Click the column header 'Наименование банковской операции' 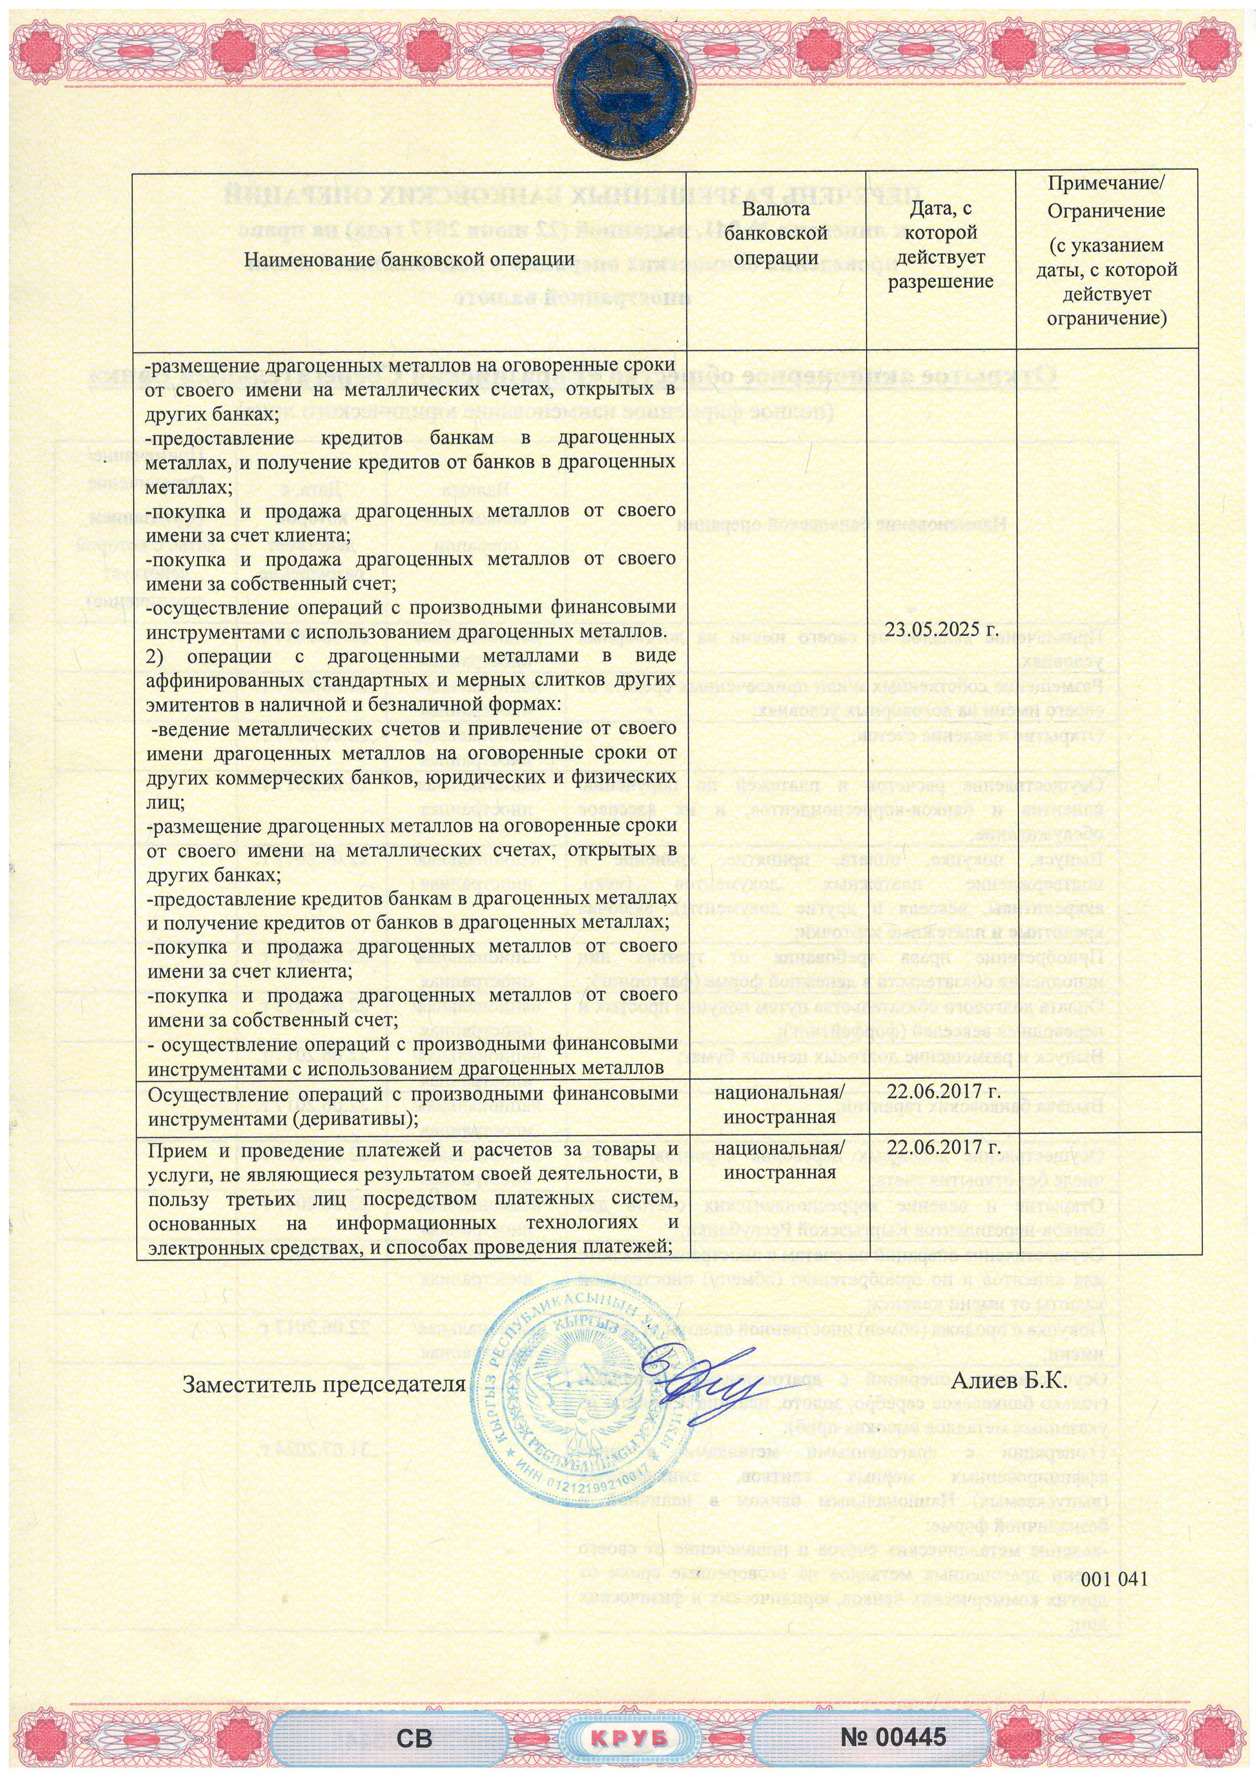coord(409,260)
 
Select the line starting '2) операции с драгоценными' coord(410,657)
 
